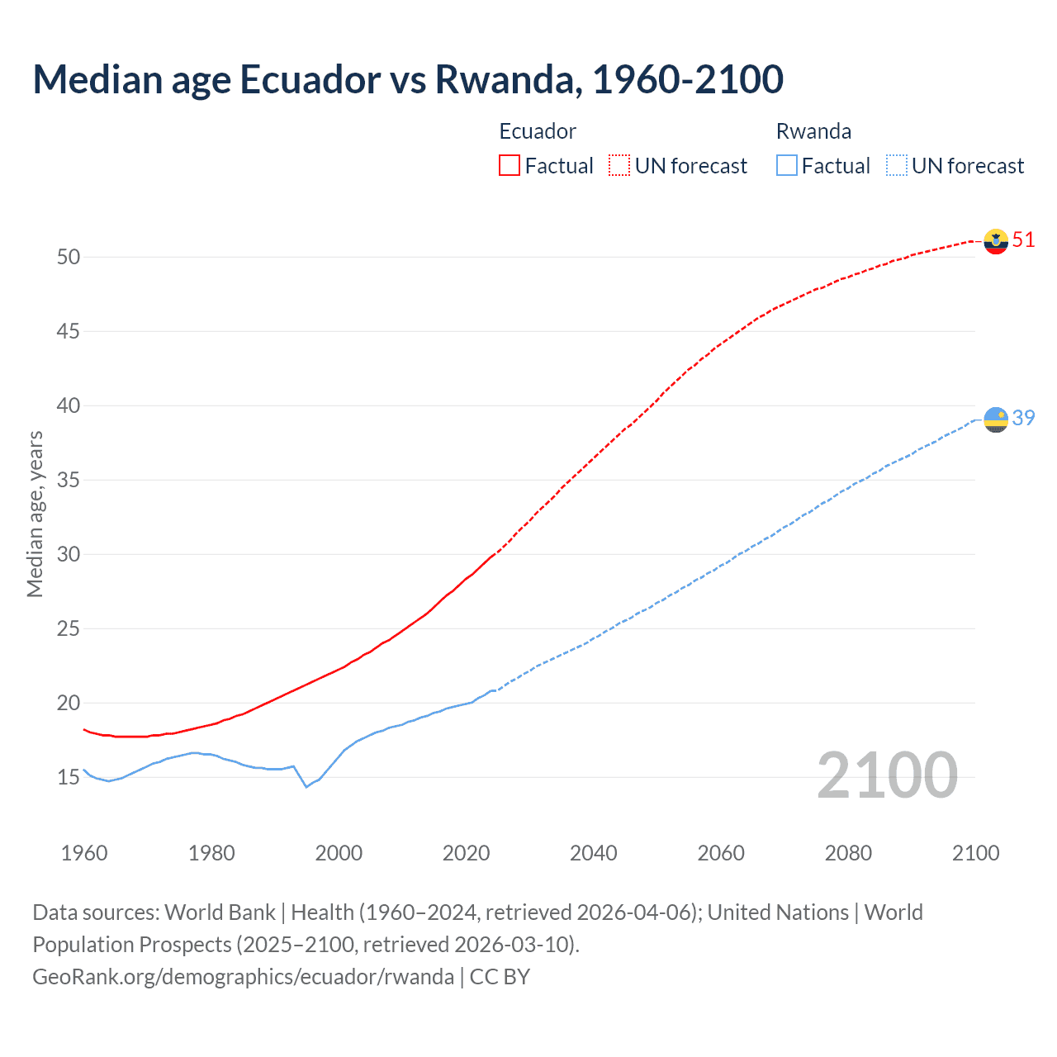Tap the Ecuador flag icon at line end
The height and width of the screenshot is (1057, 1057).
(x=996, y=240)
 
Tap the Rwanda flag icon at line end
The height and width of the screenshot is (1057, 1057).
(x=996, y=419)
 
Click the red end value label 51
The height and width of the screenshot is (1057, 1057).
(x=1023, y=240)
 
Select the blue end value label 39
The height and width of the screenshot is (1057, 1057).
(x=1023, y=419)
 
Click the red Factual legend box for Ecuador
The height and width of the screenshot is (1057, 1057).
(x=510, y=166)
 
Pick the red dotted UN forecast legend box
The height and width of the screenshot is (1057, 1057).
(x=619, y=166)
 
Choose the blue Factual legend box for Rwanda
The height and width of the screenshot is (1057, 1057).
(x=786, y=166)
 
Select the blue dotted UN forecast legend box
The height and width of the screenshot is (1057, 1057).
(x=896, y=166)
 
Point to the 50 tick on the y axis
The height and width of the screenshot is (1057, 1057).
(x=69, y=257)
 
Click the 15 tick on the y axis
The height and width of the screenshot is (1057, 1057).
(x=69, y=778)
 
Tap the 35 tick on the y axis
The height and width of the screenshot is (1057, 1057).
(x=69, y=480)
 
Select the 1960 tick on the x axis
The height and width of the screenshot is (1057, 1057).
(x=84, y=853)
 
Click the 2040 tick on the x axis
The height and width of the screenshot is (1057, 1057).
(x=594, y=853)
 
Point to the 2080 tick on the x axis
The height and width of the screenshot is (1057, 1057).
(x=848, y=853)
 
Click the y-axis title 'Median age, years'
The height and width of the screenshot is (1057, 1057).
(x=35, y=514)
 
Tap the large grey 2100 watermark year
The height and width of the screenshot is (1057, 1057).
(x=887, y=776)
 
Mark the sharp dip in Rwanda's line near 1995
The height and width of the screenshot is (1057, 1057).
(x=306, y=786)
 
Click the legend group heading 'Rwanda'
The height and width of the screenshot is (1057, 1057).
(x=813, y=131)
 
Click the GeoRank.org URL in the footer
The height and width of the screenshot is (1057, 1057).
(x=243, y=977)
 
